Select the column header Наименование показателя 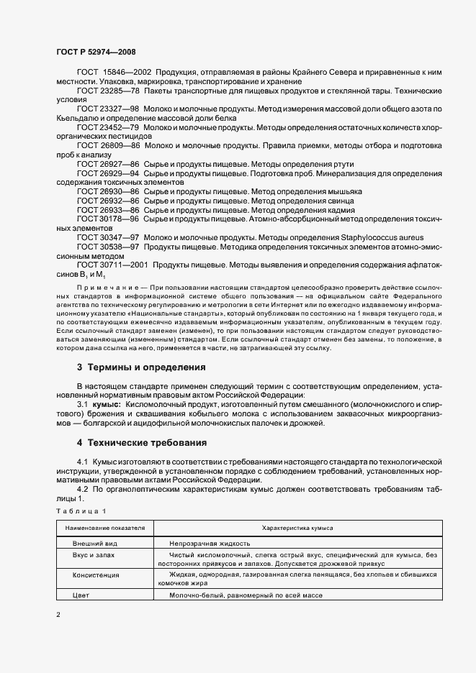105,528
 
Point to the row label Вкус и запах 94,555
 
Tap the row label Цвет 80,595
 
